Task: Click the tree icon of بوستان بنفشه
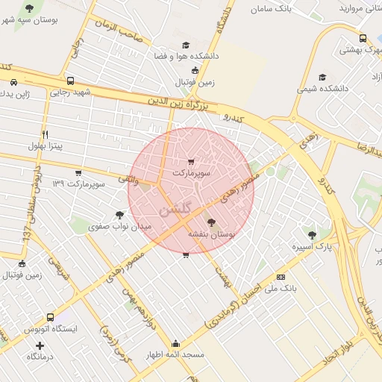point(210,222)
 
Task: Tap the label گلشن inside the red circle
point(176,208)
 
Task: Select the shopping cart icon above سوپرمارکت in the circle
point(191,161)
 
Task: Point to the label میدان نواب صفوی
point(120,225)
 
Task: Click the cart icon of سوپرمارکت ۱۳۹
point(78,173)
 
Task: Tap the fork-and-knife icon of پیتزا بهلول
point(46,134)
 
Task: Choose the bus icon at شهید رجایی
point(70,81)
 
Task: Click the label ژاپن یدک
point(20,95)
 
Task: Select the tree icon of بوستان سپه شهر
point(30,8)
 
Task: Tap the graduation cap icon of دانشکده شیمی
point(322,77)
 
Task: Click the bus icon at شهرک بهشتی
point(363,39)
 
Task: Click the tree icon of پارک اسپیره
point(312,235)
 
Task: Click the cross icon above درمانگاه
point(40,345)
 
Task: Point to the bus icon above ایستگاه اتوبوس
point(50,317)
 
